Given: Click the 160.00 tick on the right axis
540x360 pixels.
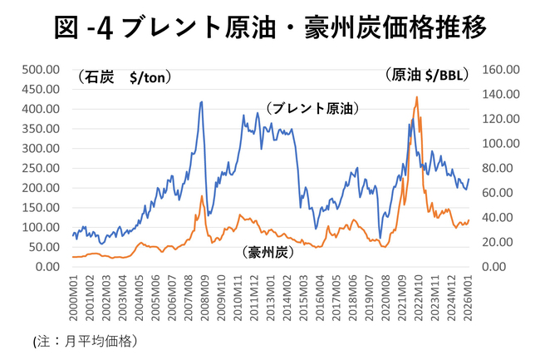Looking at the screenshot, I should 499,69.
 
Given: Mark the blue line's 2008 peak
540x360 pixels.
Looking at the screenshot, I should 201,102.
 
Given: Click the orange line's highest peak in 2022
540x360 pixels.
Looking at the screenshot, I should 416,97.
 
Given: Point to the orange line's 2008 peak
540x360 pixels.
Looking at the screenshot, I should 202,196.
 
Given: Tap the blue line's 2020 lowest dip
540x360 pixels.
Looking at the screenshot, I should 380,237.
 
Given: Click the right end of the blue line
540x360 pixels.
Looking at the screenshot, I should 469,179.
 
